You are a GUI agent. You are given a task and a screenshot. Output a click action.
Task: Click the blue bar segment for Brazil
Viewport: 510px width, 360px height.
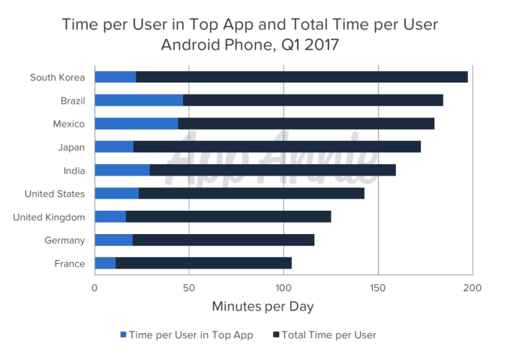coord(139,100)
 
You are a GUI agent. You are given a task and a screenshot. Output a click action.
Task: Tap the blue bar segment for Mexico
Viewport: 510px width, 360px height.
coord(136,124)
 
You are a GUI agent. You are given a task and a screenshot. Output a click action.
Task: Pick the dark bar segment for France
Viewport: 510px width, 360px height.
coord(203,263)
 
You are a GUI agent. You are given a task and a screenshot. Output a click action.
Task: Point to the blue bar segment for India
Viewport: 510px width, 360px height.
coord(122,170)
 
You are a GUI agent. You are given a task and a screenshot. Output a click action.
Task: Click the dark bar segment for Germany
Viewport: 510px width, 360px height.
coord(223,240)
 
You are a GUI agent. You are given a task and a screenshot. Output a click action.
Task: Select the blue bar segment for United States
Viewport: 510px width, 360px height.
coord(117,193)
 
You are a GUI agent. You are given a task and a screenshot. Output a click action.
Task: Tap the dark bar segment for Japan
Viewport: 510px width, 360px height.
coord(277,147)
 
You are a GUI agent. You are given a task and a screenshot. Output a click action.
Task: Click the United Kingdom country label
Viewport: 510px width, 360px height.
coord(49,217)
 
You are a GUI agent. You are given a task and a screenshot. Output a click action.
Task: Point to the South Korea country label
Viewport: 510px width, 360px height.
coord(57,77)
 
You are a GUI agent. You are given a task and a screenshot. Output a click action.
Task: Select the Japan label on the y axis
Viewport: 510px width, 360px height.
coord(71,147)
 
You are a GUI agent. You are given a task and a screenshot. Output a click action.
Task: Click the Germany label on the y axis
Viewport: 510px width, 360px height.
coord(65,241)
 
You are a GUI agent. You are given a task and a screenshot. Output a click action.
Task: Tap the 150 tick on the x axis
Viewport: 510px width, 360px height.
coord(378,287)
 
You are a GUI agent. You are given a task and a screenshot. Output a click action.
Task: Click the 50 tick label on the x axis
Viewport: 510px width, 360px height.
coord(189,287)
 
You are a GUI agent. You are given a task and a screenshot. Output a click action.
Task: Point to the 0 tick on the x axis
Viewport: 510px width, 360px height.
coord(95,287)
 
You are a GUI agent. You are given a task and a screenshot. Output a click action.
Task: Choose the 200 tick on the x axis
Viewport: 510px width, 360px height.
coord(472,287)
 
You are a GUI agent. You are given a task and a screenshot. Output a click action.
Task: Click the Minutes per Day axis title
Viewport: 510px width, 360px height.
coord(262,307)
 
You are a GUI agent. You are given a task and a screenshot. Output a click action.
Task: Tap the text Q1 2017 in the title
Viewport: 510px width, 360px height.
coord(309,44)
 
